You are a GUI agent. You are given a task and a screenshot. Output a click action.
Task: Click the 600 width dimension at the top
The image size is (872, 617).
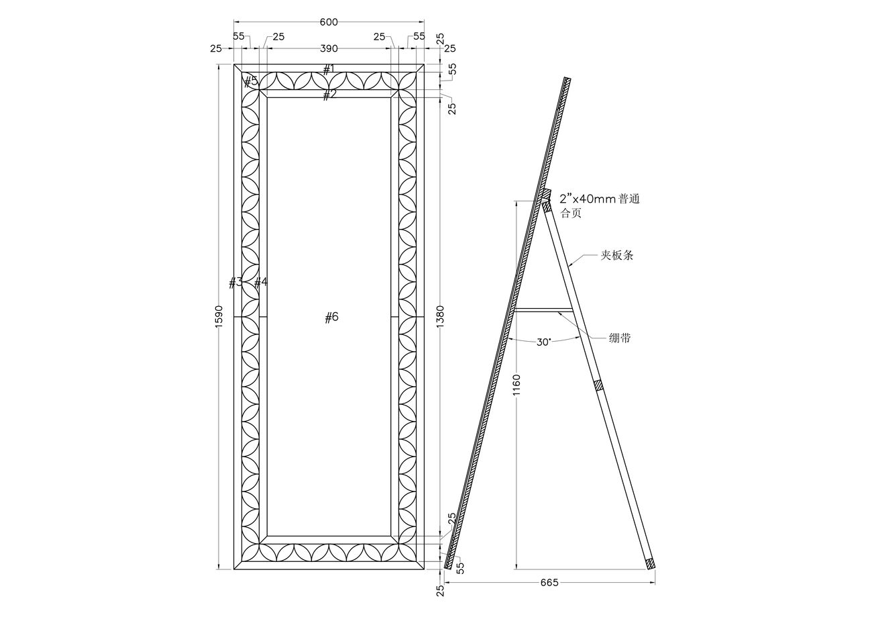329,22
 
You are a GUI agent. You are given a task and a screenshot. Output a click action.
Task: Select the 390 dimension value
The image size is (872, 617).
329,49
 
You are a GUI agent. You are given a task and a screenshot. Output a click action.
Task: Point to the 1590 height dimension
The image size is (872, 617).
219,316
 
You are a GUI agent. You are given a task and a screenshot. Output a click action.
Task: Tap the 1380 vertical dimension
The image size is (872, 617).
440,316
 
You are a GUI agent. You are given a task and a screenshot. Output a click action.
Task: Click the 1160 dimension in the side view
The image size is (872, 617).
516,385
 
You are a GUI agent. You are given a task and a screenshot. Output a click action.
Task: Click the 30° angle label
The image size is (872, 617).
544,342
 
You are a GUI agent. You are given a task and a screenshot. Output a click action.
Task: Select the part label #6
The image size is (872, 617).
331,318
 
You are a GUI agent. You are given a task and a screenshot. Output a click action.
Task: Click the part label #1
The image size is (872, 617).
329,69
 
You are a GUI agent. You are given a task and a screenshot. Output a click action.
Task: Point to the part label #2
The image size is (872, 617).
329,95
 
